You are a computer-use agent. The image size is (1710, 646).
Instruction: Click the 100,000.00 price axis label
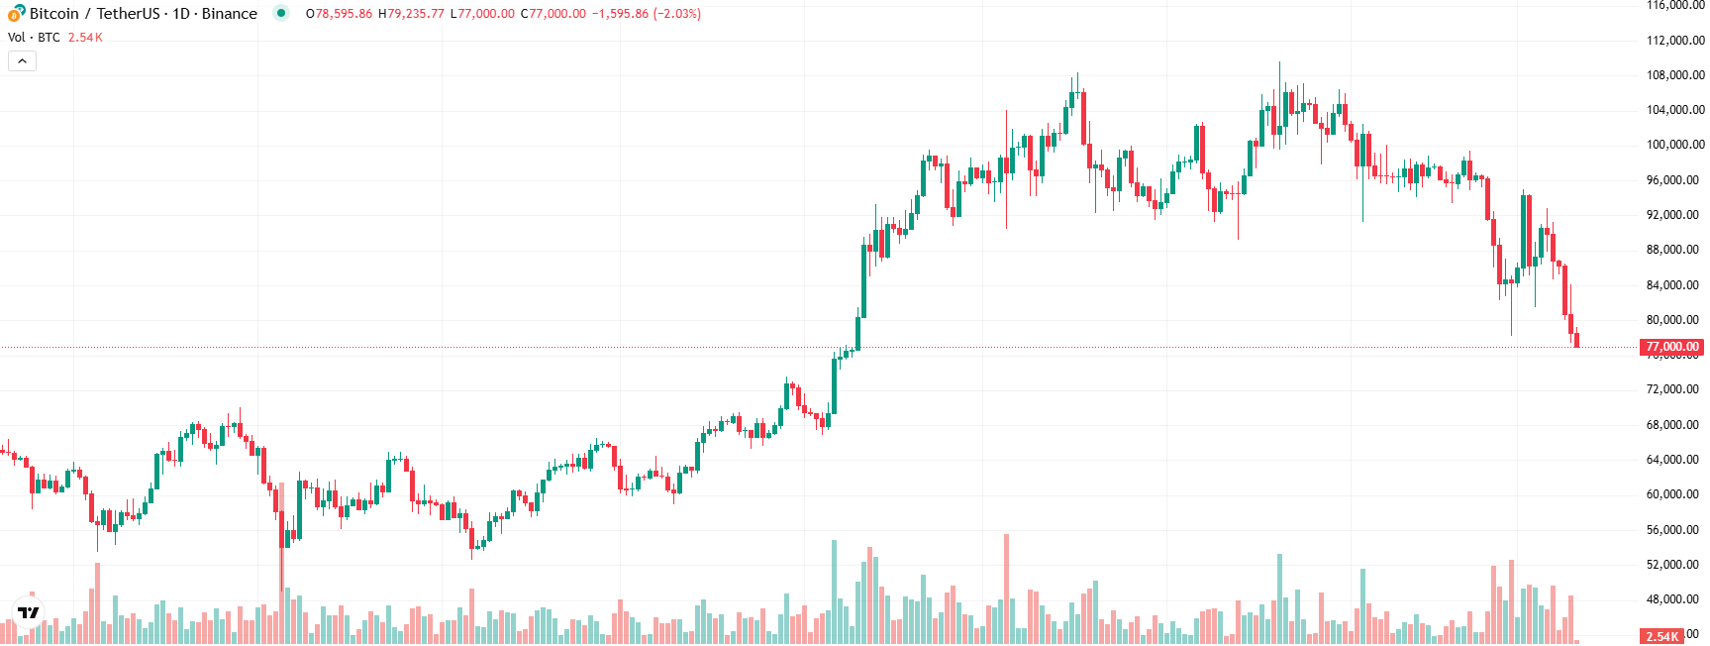(1674, 145)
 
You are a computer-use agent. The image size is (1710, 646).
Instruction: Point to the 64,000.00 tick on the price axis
(1674, 460)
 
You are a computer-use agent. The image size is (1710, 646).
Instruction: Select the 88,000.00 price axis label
(1672, 250)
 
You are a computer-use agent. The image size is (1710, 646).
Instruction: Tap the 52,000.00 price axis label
(1672, 565)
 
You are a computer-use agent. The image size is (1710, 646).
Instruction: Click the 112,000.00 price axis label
(1674, 41)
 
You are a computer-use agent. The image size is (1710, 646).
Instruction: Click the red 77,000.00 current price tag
(1671, 347)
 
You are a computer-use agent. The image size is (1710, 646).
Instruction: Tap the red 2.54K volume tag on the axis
(1662, 636)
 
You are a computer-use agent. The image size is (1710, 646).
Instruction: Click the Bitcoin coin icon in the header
(16, 14)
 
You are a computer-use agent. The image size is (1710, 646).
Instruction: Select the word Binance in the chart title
(229, 14)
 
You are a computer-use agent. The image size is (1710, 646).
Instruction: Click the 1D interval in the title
(181, 14)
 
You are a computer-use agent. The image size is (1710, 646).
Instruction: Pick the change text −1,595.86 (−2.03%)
(647, 14)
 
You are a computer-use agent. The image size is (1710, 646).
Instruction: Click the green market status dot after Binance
(281, 14)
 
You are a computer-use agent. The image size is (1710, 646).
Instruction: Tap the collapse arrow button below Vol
(22, 61)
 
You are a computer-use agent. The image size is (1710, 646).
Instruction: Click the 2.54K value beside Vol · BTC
(85, 38)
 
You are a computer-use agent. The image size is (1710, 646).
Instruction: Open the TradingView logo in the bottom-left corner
(29, 612)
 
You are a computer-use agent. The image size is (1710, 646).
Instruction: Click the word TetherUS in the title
(128, 14)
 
